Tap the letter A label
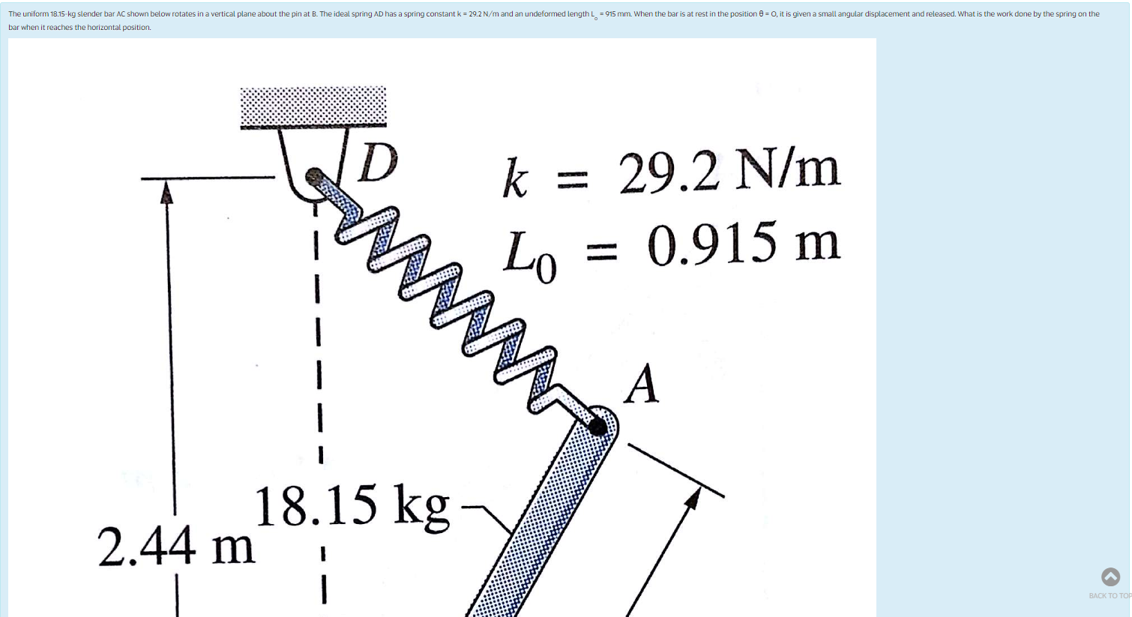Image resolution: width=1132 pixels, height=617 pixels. click(x=642, y=385)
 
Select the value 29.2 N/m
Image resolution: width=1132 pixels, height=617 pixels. click(x=729, y=172)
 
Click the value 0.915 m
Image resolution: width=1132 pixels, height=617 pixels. click(x=743, y=244)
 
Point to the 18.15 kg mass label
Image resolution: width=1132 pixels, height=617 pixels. click(x=352, y=507)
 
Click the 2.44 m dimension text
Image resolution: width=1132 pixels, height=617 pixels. click(x=176, y=546)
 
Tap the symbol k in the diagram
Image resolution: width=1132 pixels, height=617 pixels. click(x=515, y=179)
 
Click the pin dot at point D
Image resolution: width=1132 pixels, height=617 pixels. click(x=315, y=178)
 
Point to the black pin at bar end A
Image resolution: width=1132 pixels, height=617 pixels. click(x=597, y=427)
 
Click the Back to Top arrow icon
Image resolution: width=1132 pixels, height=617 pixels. click(x=1110, y=577)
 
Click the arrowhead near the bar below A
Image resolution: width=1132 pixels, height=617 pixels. click(x=694, y=498)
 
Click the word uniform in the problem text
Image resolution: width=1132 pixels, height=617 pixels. click(x=34, y=14)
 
